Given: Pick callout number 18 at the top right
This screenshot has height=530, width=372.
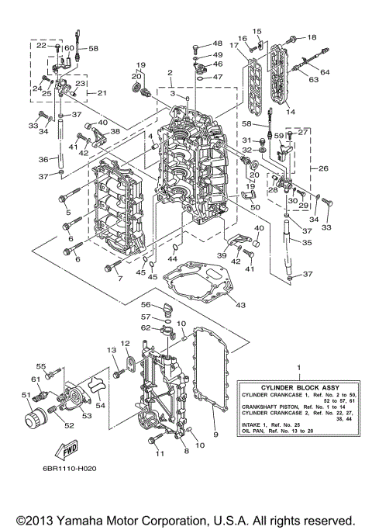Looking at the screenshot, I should point(312,37).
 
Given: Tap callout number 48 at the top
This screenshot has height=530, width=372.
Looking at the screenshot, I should point(217,43).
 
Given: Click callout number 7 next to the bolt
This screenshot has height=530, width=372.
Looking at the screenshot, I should point(121,277).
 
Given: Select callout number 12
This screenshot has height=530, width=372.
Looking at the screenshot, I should point(125,343).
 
